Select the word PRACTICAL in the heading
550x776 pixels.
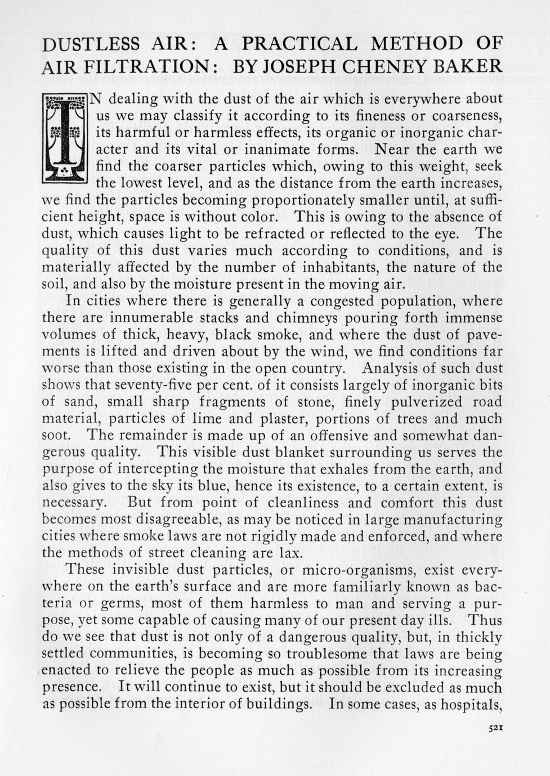pyautogui.click(x=299, y=44)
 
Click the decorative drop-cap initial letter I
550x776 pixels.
pyautogui.click(x=65, y=138)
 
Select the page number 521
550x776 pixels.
pyautogui.click(x=495, y=728)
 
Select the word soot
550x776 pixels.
pyautogui.click(x=56, y=436)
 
